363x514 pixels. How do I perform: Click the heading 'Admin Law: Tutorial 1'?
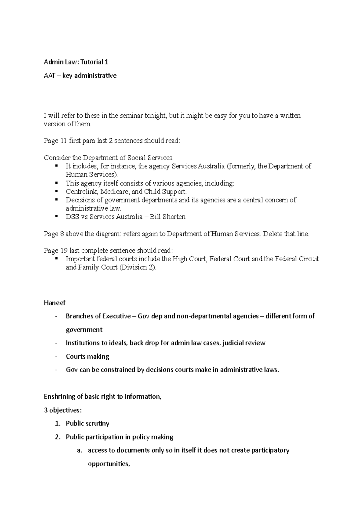pyautogui.click(x=76, y=62)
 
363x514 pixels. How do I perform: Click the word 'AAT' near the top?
pyautogui.click(x=49, y=75)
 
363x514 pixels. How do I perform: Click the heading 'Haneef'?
pyautogui.click(x=54, y=303)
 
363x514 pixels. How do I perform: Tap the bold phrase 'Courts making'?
pyautogui.click(x=87, y=356)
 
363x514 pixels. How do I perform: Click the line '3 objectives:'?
pyautogui.click(x=63, y=410)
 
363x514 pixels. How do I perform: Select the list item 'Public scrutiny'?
pyautogui.click(x=87, y=423)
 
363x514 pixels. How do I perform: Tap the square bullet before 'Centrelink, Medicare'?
pyautogui.click(x=56, y=191)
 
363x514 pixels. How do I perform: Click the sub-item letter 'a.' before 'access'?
pyautogui.click(x=80, y=450)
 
